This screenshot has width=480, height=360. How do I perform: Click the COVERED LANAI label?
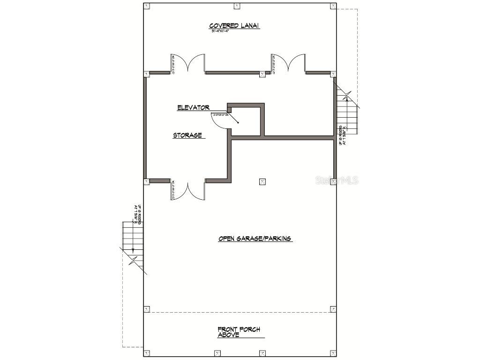234,26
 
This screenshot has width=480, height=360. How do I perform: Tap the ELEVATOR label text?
193,108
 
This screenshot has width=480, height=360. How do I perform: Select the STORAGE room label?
187,135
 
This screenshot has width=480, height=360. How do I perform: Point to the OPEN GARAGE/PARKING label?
255,239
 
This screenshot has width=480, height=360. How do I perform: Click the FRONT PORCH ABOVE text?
239,332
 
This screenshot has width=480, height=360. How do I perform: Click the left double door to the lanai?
188,64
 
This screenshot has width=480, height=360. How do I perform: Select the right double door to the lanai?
289,64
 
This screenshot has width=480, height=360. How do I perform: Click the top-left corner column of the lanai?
147,6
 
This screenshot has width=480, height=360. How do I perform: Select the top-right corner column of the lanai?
333,6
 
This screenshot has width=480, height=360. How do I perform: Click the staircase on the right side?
347,112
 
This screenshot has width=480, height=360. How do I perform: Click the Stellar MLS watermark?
337,180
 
